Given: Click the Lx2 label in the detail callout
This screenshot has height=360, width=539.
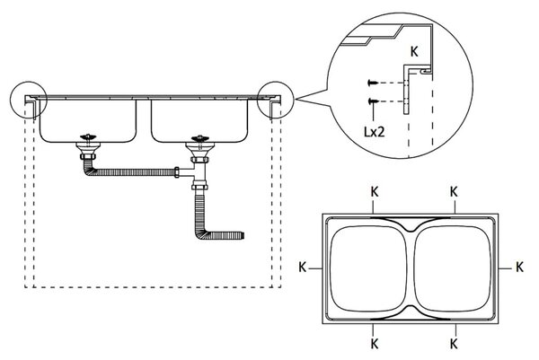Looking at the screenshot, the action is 375,132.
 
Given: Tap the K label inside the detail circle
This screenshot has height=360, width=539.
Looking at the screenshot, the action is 414,52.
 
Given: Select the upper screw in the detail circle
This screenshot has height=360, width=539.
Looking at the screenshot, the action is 373,83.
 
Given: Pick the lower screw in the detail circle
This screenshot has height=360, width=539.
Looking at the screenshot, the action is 373,101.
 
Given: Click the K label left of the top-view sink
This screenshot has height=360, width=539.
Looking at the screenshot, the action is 302,267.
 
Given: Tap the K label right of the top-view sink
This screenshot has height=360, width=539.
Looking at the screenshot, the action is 519,267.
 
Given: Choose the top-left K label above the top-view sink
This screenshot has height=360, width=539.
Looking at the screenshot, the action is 375,192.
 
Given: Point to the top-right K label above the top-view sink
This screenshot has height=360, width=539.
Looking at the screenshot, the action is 454,192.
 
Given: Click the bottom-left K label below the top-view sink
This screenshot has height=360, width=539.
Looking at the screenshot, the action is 375,344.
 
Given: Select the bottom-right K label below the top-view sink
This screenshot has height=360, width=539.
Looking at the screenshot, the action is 454,344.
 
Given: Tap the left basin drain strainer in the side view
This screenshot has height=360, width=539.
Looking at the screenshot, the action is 88,137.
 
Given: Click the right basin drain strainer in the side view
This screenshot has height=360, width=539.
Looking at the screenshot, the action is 199,139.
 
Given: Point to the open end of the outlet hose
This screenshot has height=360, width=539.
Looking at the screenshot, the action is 243,235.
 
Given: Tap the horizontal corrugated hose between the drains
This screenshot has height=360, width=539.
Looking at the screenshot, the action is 134,171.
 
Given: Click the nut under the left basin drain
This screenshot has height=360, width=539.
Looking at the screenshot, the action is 88,157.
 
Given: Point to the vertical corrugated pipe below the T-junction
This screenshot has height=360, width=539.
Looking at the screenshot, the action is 200,211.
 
